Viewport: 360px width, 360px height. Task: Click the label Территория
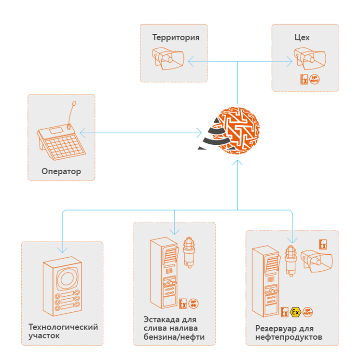176,37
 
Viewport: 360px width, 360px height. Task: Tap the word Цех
302,37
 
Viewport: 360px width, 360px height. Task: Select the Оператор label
61,171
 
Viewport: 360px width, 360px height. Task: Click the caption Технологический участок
63,331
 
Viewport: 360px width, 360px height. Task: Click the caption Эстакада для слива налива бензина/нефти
174,328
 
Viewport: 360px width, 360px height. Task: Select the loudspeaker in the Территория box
168,60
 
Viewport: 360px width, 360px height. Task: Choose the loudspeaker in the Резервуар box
317,261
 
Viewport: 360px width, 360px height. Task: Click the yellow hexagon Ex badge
295,312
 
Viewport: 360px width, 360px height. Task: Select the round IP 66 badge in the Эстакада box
193,303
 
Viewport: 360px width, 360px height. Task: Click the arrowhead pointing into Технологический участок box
62,250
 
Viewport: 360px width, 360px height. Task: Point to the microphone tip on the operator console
74,103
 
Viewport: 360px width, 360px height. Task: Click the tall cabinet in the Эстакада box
163,273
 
